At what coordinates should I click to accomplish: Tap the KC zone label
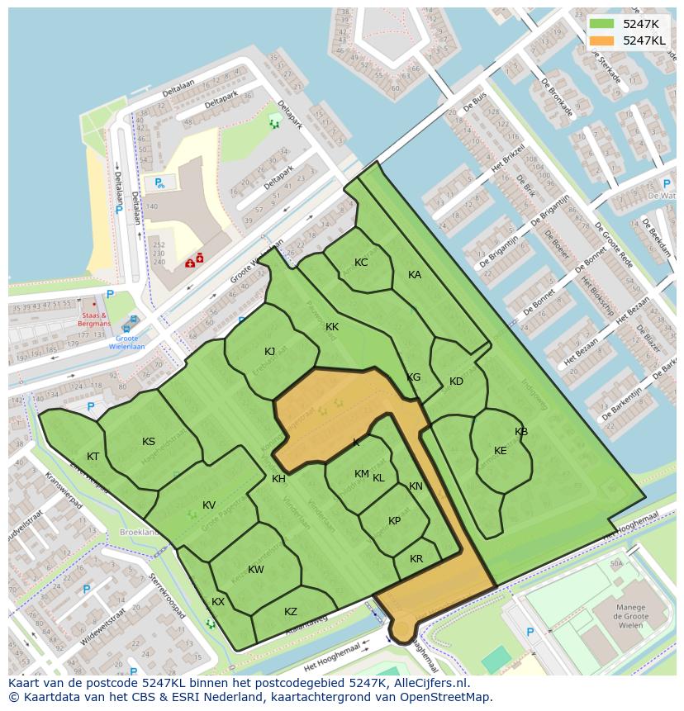click(361, 263)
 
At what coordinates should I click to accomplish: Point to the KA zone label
click(415, 275)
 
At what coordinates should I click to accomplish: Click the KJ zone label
click(270, 352)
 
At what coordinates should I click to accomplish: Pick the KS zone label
click(149, 442)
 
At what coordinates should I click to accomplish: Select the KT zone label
click(93, 457)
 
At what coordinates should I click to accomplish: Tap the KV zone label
click(209, 505)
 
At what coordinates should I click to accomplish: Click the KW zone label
click(256, 570)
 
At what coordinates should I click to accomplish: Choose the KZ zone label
click(291, 612)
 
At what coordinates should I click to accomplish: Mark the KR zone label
click(416, 559)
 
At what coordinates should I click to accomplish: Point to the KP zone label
click(395, 521)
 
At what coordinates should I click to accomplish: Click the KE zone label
click(501, 451)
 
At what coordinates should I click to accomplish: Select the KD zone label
click(456, 382)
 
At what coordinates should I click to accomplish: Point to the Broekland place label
click(138, 533)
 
